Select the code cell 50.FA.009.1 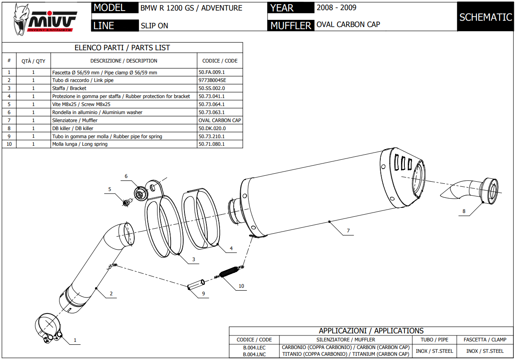coord(211,72)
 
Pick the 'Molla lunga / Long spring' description coord(80,144)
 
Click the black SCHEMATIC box coord(485,17)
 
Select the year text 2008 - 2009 coord(336,8)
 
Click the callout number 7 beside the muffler coord(348,231)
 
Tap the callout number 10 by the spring coord(241,286)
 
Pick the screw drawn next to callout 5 coord(126,203)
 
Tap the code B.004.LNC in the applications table coord(254,355)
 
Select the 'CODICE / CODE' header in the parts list coord(220,61)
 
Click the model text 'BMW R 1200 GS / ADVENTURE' coord(191,8)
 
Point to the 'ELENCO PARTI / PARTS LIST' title coord(122,48)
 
